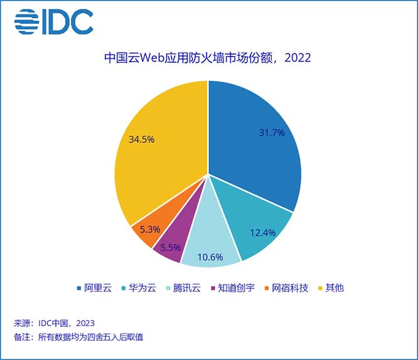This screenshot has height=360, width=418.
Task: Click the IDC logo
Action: click(53, 22)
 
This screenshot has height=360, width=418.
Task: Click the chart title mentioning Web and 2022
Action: click(208, 58)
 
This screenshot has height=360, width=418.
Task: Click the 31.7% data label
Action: click(272, 133)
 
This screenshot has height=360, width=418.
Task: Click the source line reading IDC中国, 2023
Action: click(55, 324)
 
